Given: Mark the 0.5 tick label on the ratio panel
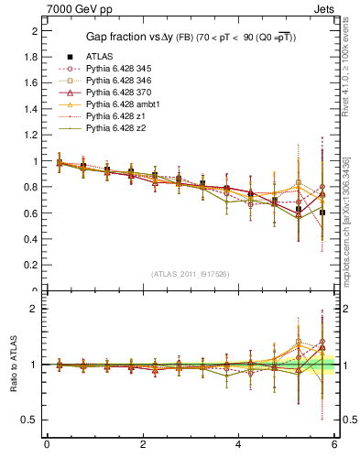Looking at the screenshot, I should (29, 420).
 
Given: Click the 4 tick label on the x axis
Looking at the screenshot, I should (239, 444).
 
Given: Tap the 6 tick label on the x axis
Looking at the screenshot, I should (335, 444).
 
